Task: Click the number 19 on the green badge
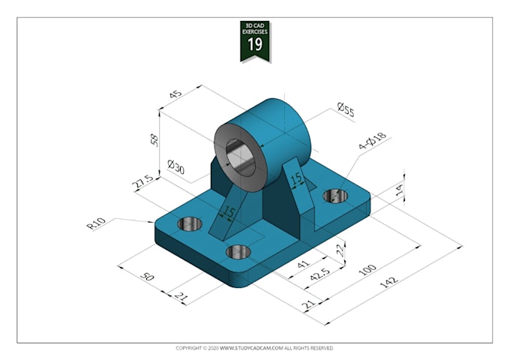tap(255, 44)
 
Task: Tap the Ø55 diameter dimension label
tap(345, 109)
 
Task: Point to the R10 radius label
tap(95, 223)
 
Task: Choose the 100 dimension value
tap(367, 268)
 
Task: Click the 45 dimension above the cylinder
tap(175, 95)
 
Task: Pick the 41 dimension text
tap(303, 263)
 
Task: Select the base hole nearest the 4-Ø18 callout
tap(334, 196)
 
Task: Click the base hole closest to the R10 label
tap(189, 223)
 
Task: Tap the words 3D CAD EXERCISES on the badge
tap(255, 28)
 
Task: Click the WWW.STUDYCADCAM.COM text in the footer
tap(250, 348)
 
